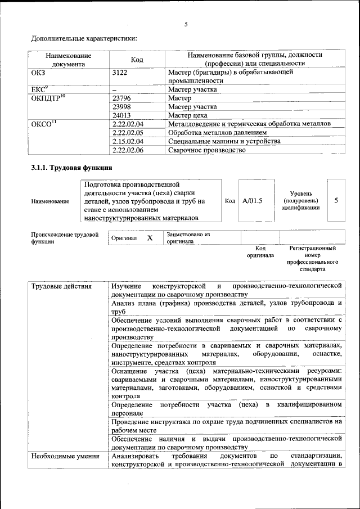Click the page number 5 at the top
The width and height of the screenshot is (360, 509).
186,24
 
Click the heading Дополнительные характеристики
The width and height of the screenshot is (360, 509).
84,39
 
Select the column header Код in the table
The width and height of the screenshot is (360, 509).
137,60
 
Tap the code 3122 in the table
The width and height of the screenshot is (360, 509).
120,73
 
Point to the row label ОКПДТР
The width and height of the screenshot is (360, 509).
48,98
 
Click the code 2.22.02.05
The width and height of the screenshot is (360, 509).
128,133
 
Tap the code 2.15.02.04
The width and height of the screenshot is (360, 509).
128,141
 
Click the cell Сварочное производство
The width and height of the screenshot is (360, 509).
207,150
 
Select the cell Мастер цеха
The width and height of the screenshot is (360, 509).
188,115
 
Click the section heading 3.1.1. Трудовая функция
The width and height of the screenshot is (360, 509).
71,168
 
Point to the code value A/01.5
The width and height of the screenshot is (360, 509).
252,201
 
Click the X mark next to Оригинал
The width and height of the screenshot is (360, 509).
150,238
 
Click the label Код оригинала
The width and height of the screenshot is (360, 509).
260,251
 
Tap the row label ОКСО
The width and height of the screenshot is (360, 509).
44,124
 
